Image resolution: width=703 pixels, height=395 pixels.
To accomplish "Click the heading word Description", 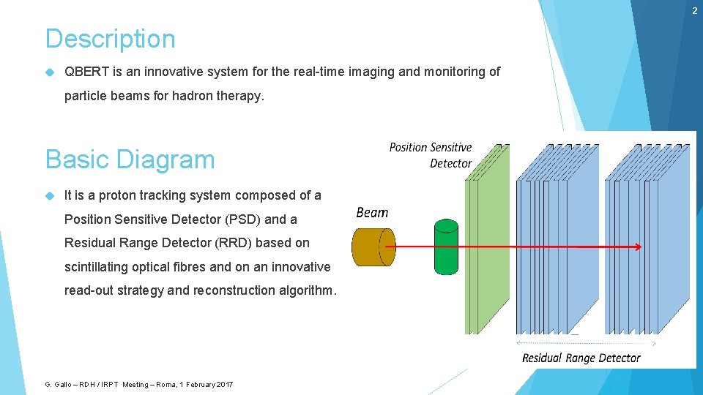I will click(111, 39).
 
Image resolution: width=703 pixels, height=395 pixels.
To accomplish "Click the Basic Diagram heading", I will click(130, 159).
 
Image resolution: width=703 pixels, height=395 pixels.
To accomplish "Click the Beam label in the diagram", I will click(372, 213).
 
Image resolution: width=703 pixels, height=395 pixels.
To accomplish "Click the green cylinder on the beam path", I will click(446, 247).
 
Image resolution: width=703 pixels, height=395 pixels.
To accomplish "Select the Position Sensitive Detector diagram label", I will click(431, 155).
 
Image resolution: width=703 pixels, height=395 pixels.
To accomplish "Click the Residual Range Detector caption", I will click(581, 358).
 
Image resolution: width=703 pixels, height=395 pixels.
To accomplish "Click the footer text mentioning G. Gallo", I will click(139, 385).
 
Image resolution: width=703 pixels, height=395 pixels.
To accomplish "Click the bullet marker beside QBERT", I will click(49, 72).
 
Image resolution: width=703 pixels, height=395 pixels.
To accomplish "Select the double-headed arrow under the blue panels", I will click(586, 342).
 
